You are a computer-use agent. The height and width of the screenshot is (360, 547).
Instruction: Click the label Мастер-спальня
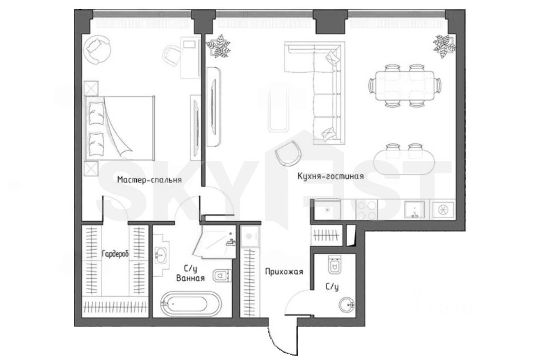pos(150,180)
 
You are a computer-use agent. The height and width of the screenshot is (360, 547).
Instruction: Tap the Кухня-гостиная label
pos(331,176)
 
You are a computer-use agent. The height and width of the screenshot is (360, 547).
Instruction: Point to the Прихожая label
pos(284,272)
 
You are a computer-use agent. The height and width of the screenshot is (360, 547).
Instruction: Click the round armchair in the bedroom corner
pos(98,50)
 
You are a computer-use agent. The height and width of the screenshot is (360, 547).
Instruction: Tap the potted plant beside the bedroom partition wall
pos(219,46)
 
